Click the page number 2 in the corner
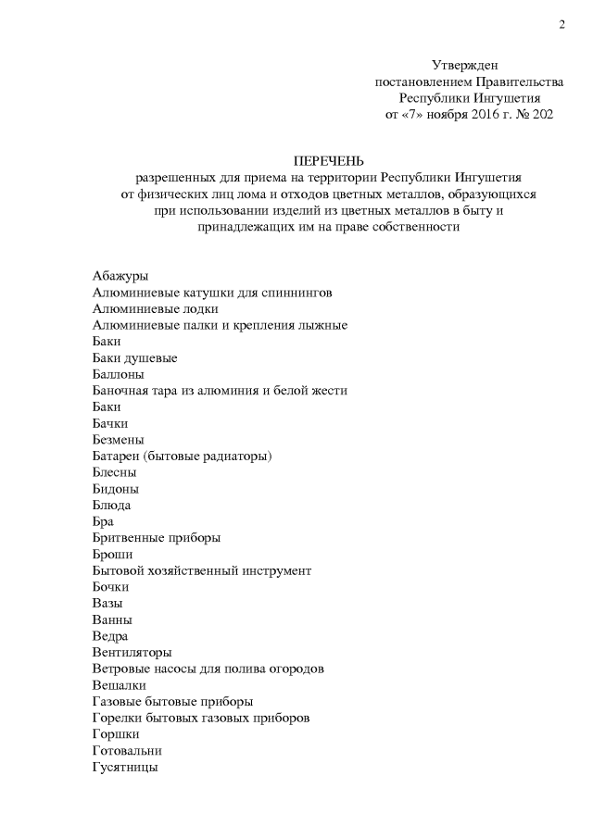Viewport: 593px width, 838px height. pyautogui.click(x=561, y=24)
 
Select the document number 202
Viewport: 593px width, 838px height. pyautogui.click(x=541, y=114)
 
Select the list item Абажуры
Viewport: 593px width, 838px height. pyautogui.click(x=120, y=276)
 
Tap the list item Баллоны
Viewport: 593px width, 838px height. pyautogui.click(x=119, y=374)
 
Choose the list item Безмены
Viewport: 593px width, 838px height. pyautogui.click(x=119, y=439)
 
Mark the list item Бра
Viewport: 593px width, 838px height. pyautogui.click(x=104, y=521)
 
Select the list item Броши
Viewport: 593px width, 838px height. pyautogui.click(x=112, y=554)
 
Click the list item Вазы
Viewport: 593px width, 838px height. pyautogui.click(x=108, y=603)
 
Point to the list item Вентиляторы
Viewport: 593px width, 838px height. pyautogui.click(x=132, y=652)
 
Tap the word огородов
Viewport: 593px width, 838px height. pyautogui.click(x=296, y=669)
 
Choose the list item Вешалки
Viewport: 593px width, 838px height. pyautogui.click(x=120, y=685)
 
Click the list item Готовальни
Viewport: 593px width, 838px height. pyautogui.click(x=128, y=750)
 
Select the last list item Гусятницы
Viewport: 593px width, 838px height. pyautogui.click(x=125, y=767)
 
